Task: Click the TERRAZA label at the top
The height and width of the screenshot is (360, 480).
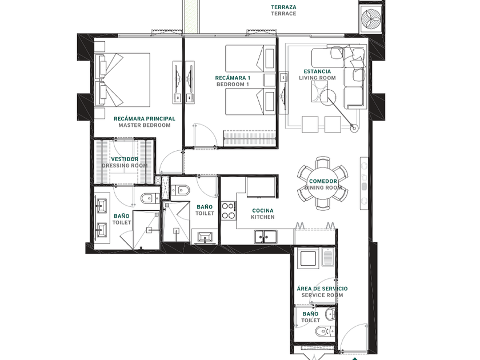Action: click(283, 7)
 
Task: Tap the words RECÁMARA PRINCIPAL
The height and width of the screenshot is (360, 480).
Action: click(145, 119)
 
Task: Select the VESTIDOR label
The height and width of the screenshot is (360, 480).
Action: click(125, 159)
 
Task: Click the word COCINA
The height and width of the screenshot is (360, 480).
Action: click(263, 211)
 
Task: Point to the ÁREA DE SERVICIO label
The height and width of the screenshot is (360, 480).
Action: click(322, 289)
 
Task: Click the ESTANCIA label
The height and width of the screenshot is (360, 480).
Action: click(317, 71)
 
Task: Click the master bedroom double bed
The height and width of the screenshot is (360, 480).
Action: click(122, 80)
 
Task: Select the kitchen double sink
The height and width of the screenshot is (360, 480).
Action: click(265, 237)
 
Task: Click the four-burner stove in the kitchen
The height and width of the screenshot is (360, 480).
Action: click(229, 211)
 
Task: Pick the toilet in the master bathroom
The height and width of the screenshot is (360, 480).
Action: click(149, 198)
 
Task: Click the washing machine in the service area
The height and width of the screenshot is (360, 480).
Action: click(309, 259)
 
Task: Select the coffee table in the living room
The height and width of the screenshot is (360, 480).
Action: click(320, 92)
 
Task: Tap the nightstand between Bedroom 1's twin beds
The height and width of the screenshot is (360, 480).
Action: click(270, 80)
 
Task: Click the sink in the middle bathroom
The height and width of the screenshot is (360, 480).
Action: click(205, 237)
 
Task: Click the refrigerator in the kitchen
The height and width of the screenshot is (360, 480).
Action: click(261, 187)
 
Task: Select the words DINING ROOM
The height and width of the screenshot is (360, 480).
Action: click(323, 187)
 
